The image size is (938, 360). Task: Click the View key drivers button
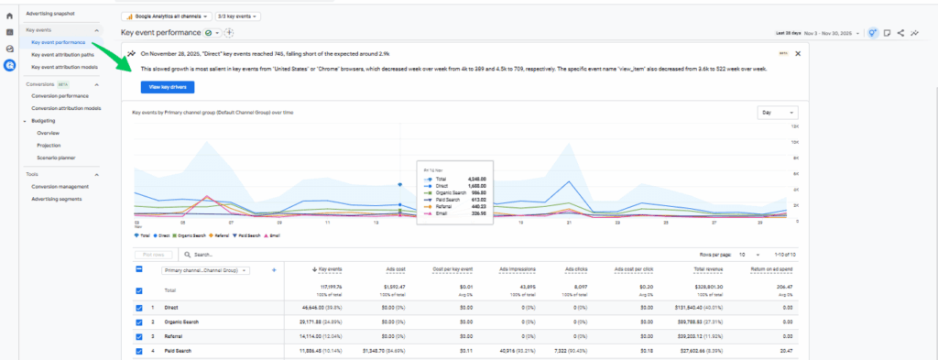coord(167,86)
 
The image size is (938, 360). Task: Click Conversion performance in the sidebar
coord(60,96)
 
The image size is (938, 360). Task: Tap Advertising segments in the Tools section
coord(57,198)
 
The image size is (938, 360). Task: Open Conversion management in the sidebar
coord(59,186)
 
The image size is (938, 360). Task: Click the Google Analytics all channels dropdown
coord(166,16)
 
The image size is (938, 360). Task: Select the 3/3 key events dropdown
coord(239,16)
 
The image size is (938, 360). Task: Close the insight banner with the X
coord(797,53)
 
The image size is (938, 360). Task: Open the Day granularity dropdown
coord(778,113)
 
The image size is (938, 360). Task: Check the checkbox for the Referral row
coord(139,336)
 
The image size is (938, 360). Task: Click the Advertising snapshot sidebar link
coord(51,14)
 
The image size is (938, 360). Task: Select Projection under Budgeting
coord(49,145)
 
